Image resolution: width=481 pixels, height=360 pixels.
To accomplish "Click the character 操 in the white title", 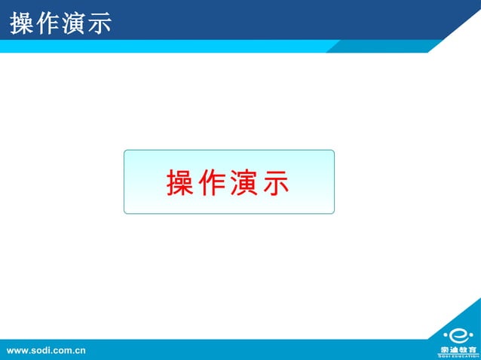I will point(23,23).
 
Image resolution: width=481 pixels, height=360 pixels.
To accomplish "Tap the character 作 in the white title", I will point(48,23).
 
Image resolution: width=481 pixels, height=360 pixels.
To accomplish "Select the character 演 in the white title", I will point(74,23).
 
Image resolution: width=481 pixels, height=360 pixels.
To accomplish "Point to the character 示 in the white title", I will point(99,23).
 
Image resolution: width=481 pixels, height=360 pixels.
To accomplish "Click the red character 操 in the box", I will point(180,183).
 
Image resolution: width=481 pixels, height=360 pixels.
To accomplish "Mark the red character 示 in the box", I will point(276,183).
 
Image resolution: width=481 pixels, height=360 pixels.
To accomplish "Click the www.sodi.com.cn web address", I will point(46,350).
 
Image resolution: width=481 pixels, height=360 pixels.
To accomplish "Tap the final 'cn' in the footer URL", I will point(79,350).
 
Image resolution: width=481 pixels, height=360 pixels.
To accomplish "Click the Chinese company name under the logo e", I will point(458,349).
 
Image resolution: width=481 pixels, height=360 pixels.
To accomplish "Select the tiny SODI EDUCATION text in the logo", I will point(458,356).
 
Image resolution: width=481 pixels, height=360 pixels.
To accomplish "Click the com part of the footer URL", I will point(62,350).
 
